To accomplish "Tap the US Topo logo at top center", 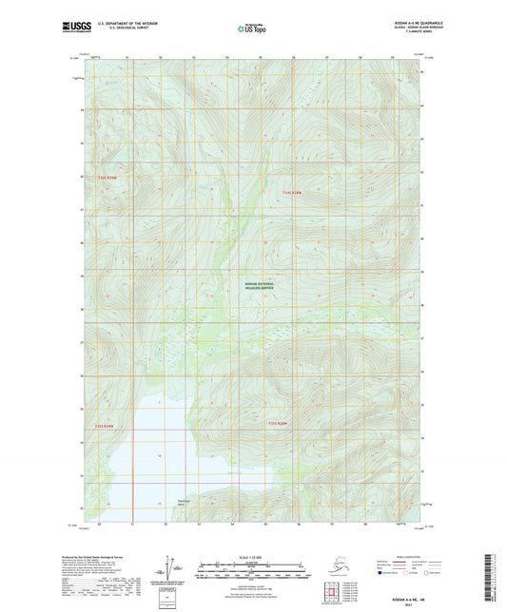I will tap(253, 29).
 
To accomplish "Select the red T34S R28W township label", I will tap(291, 193).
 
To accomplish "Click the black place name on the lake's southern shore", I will tap(185, 503).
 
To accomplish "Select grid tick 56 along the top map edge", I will tap(294, 57).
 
